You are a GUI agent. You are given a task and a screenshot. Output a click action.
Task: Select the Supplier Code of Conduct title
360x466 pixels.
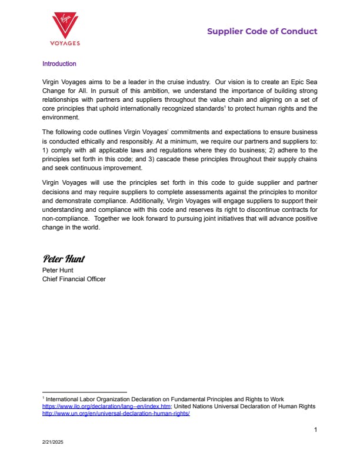262,31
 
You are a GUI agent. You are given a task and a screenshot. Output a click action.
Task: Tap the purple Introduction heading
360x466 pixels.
59,64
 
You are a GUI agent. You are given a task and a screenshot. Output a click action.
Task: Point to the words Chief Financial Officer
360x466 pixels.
74,279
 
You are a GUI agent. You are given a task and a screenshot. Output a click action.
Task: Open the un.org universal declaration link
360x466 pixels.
116,413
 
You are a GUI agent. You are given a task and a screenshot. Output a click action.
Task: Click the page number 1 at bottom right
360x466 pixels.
315,430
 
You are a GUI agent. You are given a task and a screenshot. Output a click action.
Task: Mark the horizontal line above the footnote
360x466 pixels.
84,392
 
